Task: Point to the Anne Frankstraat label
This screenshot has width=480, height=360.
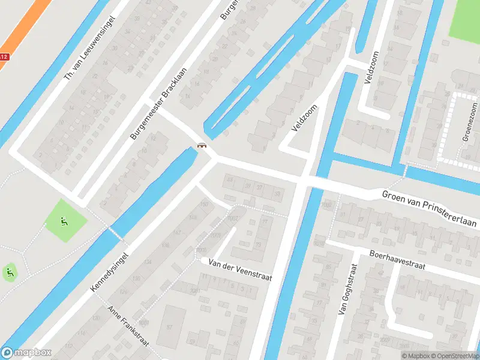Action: [127, 329]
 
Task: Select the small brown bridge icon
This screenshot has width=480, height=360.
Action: [202, 145]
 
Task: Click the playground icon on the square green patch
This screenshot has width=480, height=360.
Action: [64, 221]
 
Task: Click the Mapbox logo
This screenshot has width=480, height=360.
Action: [26, 353]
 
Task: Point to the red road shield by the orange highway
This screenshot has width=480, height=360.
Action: [4, 57]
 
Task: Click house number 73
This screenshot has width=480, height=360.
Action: [259, 245]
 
